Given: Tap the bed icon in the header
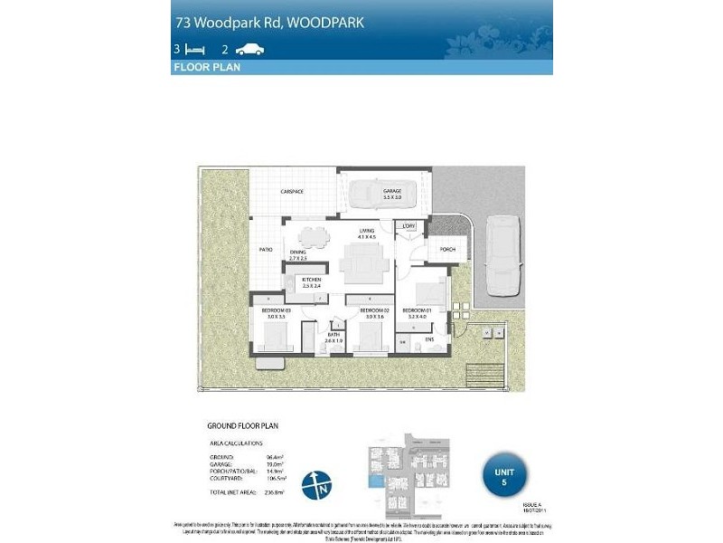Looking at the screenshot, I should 196,51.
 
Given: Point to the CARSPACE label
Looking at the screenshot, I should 291,192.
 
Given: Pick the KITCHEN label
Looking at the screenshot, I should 312,281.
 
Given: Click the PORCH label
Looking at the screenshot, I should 446,249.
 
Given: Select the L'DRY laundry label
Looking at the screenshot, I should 409,225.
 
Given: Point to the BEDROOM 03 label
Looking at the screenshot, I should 275,310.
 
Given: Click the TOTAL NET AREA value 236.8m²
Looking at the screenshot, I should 276,492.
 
